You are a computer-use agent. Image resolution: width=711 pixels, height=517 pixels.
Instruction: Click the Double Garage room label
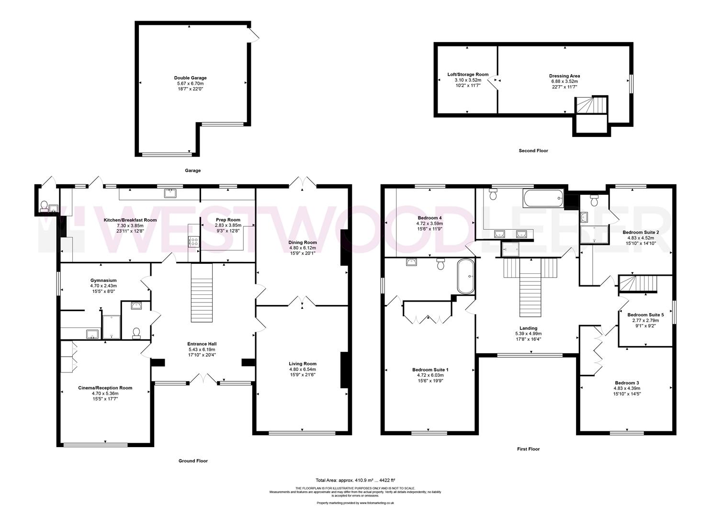pyautogui.click(x=190, y=78)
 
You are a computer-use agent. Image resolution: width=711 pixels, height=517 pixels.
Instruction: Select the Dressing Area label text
pyautogui.click(x=564, y=76)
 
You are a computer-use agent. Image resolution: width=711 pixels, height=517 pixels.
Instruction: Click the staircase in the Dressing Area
pyautogui.click(x=591, y=105)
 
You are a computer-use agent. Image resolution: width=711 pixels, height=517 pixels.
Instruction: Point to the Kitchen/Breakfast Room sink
pyautogui.click(x=170, y=193)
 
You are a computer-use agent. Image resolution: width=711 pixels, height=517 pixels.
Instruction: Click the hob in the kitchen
pyautogui.click(x=194, y=242)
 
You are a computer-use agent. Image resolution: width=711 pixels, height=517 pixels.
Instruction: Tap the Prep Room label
pyautogui.click(x=228, y=220)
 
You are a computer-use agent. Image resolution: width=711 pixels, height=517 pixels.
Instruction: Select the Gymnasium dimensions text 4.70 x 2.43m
pyautogui.click(x=103, y=286)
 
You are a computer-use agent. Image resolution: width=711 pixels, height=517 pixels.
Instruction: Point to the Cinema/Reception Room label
pyautogui.click(x=105, y=388)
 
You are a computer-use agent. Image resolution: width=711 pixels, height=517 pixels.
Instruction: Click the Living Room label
pyautogui.click(x=303, y=363)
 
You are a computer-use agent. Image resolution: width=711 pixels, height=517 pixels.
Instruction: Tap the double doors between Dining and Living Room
pyautogui.click(x=302, y=302)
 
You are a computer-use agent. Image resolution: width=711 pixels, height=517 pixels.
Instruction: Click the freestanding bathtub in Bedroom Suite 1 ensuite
pyautogui.click(x=465, y=276)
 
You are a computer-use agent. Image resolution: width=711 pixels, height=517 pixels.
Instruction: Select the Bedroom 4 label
pyautogui.click(x=429, y=217)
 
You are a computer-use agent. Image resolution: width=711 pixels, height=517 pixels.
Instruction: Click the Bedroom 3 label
pyautogui.click(x=627, y=383)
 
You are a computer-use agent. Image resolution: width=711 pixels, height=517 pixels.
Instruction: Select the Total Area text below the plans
pyautogui.click(x=355, y=480)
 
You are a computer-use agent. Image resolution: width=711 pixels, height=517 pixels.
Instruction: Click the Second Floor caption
pyautogui.click(x=533, y=151)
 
